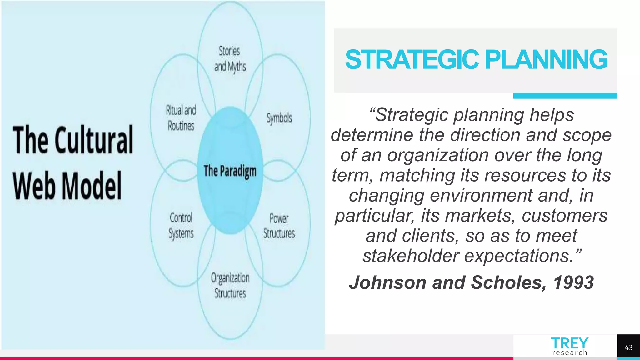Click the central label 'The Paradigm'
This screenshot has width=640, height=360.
[x=230, y=171]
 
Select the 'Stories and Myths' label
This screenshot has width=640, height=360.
[x=230, y=59]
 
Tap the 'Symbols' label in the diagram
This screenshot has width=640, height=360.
[x=279, y=118]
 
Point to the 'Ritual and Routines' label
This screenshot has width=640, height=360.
[x=181, y=118]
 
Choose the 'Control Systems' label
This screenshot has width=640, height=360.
[x=181, y=226]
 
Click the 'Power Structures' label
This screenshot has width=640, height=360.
[x=279, y=226]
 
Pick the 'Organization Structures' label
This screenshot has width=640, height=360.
[x=230, y=285]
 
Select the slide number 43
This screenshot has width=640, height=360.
[x=628, y=347]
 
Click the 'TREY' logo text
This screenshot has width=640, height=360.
[x=569, y=343]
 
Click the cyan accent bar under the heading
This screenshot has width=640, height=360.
[x=565, y=96]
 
